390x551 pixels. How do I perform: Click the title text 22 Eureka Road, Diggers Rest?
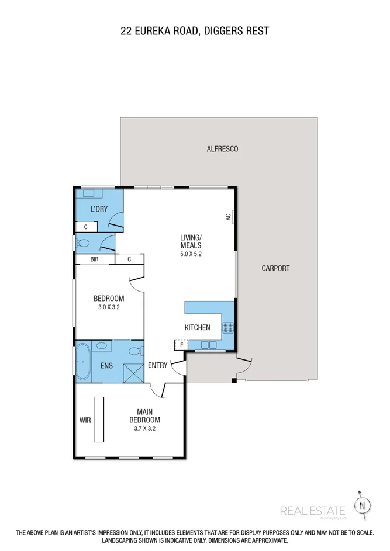[195, 31]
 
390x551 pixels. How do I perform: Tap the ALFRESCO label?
[222, 149]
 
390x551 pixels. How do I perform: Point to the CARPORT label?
[275, 268]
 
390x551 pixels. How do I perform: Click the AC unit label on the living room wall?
[229, 217]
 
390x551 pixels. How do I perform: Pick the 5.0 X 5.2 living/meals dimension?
[191, 254]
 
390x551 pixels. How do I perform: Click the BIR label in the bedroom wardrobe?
[94, 259]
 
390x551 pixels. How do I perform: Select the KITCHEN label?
[197, 327]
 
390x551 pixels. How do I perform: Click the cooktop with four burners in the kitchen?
[228, 327]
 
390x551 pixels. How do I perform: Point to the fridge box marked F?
[181, 345]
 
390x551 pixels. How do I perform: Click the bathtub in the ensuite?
[82, 362]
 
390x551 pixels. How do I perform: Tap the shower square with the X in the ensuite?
[133, 372]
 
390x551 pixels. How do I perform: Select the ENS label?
[106, 366]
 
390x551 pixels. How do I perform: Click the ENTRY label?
[158, 366]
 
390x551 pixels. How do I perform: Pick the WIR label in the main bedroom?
[85, 420]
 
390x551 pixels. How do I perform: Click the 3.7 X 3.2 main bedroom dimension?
[144, 428]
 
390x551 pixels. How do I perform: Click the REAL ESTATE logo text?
[312, 511]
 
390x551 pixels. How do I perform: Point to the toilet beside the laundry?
[84, 244]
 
